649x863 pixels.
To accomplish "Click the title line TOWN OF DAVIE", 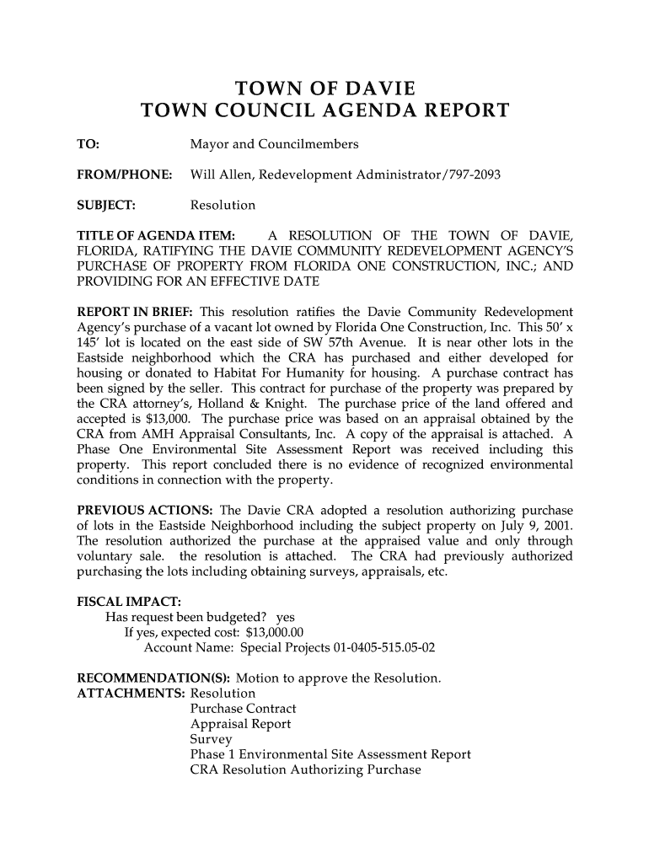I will pos(324,88).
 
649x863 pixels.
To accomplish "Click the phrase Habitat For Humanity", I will pos(299,373).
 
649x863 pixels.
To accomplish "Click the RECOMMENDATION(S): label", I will pos(154,678).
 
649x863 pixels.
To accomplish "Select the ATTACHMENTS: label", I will pos(131,694).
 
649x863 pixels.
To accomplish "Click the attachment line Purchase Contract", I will pos(244,709).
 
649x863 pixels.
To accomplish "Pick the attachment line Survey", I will pos(211,739).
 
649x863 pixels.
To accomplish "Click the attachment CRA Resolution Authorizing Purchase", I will pos(305,769).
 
